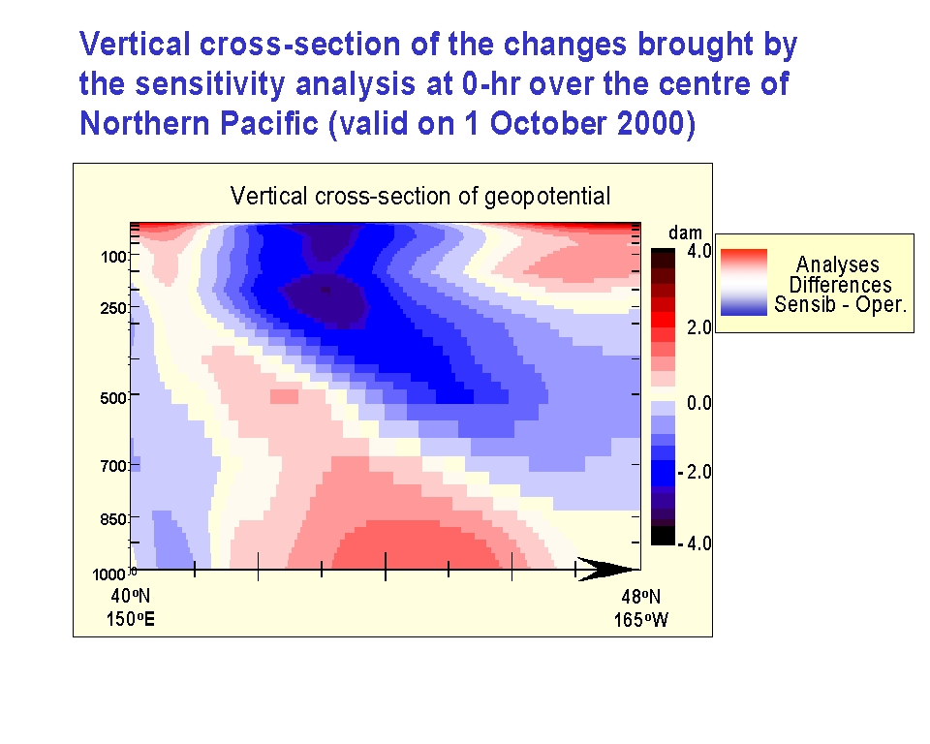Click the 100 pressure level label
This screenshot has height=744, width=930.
(x=114, y=257)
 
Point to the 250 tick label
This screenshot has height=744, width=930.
(x=114, y=308)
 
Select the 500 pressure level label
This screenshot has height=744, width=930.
(x=114, y=397)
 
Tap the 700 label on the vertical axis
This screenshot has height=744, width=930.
(x=114, y=466)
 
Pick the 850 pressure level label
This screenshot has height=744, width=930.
(x=114, y=519)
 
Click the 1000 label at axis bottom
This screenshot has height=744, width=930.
(x=109, y=574)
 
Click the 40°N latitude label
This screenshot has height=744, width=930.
(x=131, y=596)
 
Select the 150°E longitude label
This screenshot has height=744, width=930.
(x=131, y=619)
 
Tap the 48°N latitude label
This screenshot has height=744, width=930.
(x=641, y=597)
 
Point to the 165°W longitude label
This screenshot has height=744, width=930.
(x=641, y=620)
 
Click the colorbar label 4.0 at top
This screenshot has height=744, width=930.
(x=698, y=251)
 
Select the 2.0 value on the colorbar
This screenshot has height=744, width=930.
(x=698, y=326)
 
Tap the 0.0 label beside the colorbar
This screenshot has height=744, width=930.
(x=698, y=403)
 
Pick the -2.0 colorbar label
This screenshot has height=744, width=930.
(x=696, y=473)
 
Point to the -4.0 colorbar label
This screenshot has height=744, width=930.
(x=696, y=542)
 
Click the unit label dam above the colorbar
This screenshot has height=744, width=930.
(x=685, y=232)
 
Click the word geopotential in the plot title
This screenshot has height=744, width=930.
(x=547, y=197)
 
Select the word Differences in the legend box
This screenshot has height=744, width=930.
(x=841, y=285)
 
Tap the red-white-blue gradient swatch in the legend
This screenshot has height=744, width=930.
(x=744, y=282)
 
